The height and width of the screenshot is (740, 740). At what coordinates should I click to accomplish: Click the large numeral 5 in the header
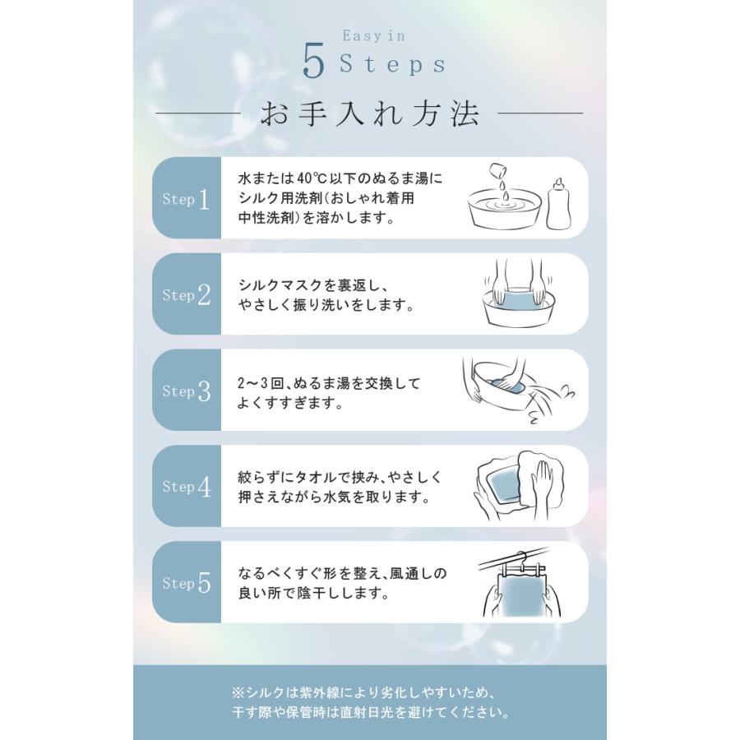(313, 63)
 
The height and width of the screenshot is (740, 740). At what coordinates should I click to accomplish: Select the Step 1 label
(187, 199)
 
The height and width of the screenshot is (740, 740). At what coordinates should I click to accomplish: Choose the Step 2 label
(187, 295)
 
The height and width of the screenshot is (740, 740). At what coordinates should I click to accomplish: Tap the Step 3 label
(187, 391)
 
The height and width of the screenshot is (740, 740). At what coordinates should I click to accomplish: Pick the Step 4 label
(187, 488)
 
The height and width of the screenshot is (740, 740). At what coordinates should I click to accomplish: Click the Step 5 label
(187, 584)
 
